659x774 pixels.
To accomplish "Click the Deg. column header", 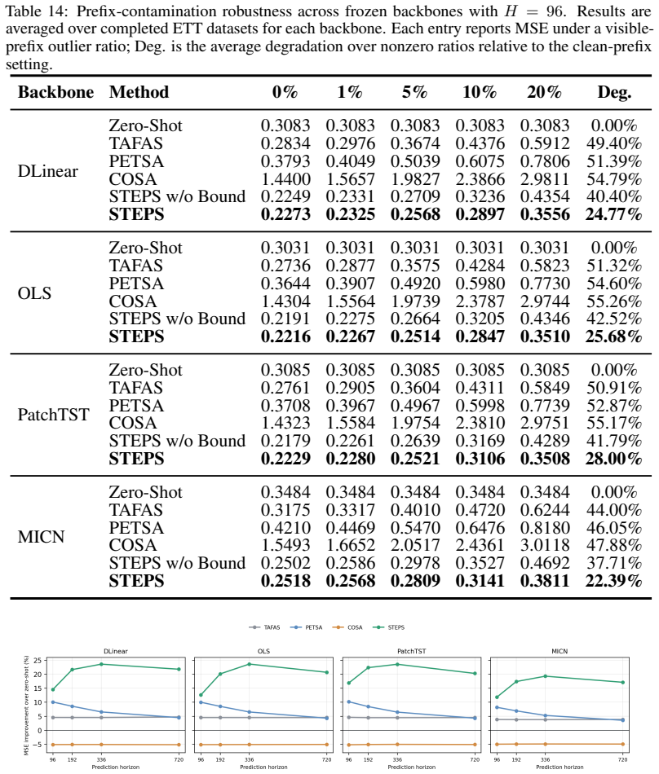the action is (614, 92).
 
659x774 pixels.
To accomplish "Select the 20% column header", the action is (544, 92).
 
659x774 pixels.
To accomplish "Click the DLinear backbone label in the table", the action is (48, 171).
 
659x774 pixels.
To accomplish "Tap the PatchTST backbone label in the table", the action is (53, 414).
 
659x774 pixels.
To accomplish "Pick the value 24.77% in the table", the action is (613, 214).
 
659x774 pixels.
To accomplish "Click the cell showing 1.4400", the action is (285, 178).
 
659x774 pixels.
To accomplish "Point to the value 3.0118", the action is (545, 545).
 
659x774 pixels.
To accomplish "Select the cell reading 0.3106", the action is (480, 459).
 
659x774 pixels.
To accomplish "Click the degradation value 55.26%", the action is (614, 301).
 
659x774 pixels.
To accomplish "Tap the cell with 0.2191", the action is (285, 319).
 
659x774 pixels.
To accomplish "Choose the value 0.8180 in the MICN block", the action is (545, 528).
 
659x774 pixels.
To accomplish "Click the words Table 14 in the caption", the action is (38, 11).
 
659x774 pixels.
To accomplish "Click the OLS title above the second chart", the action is (263, 651).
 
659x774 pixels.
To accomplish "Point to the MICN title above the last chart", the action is (559, 651).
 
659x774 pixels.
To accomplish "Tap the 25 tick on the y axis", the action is (38, 660).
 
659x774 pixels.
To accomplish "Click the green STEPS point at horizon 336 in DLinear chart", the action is (101, 664).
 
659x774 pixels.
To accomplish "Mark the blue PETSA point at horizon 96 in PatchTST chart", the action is (349, 702).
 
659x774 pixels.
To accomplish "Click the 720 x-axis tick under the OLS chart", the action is (326, 759).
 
